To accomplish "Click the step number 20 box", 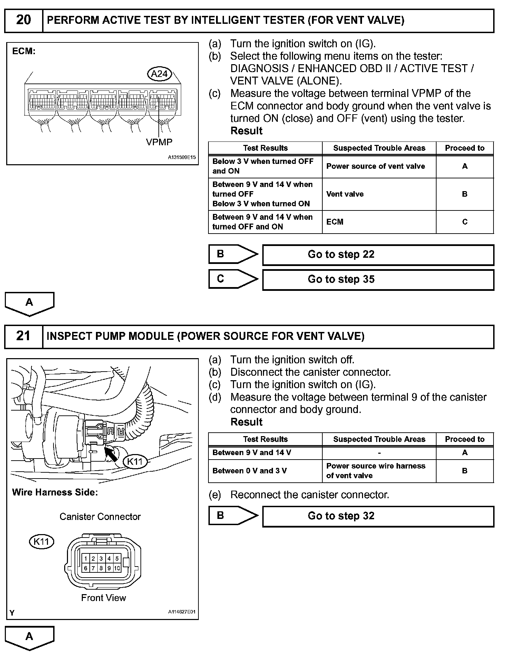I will (23, 20).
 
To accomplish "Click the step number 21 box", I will (23, 336).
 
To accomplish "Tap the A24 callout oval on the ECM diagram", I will (159, 74).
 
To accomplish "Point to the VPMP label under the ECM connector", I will (159, 142).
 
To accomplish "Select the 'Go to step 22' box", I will (378, 255).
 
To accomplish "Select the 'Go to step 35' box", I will (378, 280).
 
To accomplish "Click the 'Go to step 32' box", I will (378, 517).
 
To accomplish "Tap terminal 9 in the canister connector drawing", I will (109, 568).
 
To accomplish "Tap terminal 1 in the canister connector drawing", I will (86, 559).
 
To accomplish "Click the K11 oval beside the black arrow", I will (135, 462).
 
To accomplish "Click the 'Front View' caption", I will (104, 598).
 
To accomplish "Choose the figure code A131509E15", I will (182, 157).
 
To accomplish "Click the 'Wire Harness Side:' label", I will (55, 492).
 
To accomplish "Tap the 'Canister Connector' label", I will (100, 517).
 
